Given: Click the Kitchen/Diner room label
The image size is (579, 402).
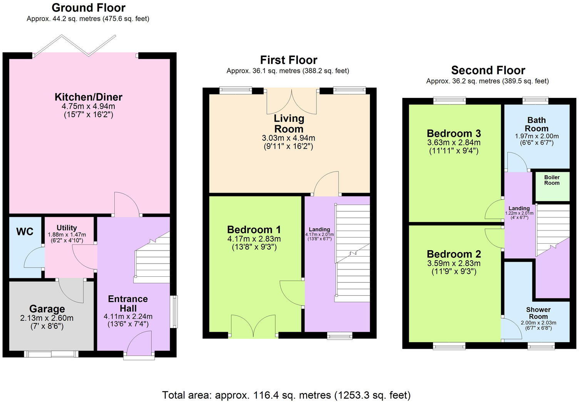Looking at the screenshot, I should pyautogui.click(x=89, y=97).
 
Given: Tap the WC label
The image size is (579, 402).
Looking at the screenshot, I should pyautogui.click(x=25, y=232).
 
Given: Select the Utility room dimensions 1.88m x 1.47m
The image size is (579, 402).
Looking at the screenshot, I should pyautogui.click(x=67, y=235).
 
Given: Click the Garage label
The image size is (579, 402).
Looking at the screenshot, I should pyautogui.click(x=47, y=309).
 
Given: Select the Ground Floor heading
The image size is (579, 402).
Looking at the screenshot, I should pyautogui.click(x=89, y=8).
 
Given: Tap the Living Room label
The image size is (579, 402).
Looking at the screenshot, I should pyautogui.click(x=288, y=123).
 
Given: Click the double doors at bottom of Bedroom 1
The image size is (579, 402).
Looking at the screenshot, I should pyautogui.click(x=254, y=327).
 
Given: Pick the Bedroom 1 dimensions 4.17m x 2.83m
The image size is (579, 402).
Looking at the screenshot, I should pyautogui.click(x=254, y=239).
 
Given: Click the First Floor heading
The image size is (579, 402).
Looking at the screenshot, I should pyautogui.click(x=288, y=60).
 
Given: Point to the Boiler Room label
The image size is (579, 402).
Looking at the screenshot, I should pyautogui.click(x=552, y=180).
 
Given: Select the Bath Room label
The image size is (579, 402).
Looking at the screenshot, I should pyautogui.click(x=536, y=124).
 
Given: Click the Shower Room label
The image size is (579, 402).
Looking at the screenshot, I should pyautogui.click(x=538, y=313).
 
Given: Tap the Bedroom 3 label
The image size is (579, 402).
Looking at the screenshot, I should pyautogui.click(x=453, y=134).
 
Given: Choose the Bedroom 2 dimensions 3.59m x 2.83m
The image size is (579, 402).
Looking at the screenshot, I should pyautogui.click(x=453, y=264).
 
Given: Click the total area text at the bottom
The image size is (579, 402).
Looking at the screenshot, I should pyautogui.click(x=286, y=395).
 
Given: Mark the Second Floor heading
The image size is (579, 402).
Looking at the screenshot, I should pyautogui.click(x=488, y=71).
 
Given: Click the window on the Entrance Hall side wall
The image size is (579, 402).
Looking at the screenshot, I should pyautogui.click(x=174, y=312).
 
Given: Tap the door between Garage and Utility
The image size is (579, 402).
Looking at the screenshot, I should pyautogui.click(x=71, y=290).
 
